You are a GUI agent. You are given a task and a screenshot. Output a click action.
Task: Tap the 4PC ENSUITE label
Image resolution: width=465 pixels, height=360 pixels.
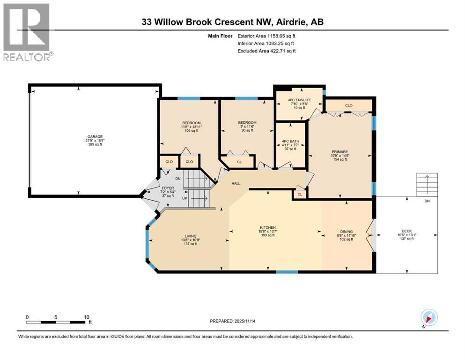click(299, 100)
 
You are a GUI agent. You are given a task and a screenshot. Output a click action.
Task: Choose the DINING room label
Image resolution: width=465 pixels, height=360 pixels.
click(347, 231)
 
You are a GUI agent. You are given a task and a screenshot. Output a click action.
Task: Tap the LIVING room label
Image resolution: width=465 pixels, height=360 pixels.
click(190, 236)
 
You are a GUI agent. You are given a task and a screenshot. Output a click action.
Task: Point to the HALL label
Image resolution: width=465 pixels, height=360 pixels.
click(236, 184)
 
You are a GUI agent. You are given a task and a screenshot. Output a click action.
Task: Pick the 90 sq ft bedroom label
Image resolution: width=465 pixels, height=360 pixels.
click(247, 123)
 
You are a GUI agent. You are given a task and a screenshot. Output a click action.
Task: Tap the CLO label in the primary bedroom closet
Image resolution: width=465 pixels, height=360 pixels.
click(348, 105)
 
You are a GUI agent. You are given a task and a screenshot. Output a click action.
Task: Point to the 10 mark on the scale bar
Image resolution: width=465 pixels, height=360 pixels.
click(86, 317)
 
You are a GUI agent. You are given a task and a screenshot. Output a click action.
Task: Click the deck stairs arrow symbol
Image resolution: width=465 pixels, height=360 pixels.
click(427, 180)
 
